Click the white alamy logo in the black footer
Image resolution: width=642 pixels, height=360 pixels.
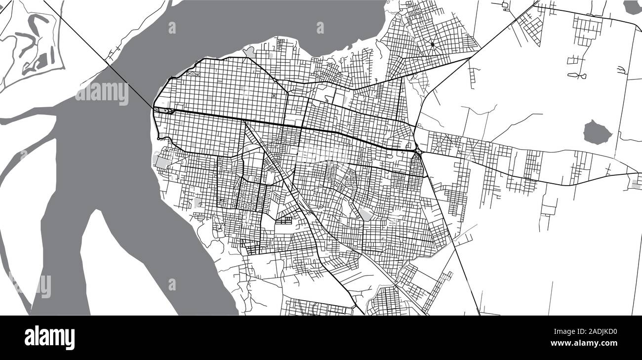49,337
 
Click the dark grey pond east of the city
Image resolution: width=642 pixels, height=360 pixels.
598,132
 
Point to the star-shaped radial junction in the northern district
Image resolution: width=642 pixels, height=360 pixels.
433,45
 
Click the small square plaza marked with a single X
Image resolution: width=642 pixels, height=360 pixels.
275,95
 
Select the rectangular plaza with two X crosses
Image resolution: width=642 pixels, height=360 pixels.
193,74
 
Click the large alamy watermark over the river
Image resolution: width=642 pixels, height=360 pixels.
101,92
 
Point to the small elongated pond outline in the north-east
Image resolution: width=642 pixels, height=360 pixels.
576,75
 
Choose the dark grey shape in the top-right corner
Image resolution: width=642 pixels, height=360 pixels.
632,7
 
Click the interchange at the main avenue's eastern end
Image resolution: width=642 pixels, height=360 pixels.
418,150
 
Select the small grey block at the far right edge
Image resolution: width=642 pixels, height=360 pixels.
637,184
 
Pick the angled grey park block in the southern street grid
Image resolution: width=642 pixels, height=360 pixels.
365,214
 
